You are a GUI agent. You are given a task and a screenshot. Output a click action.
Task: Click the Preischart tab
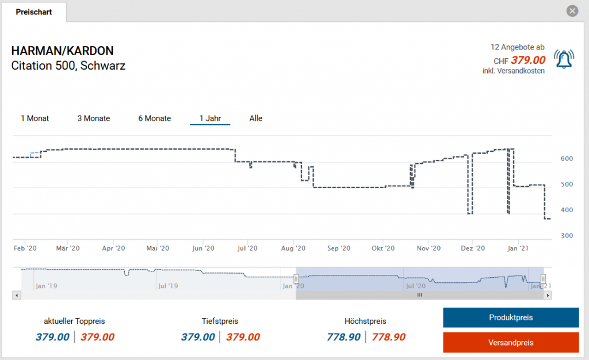pos(34,12)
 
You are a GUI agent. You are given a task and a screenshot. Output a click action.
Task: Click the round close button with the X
pos(572,11)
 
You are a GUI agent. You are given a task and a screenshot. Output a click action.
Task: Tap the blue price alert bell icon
pos(564,59)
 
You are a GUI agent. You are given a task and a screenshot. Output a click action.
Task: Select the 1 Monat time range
pos(35,118)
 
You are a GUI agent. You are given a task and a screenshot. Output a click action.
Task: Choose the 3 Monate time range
pos(94,118)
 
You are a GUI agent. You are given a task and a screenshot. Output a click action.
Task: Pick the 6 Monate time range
pos(155,118)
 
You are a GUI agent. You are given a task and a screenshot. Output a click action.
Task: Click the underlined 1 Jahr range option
pos(210,118)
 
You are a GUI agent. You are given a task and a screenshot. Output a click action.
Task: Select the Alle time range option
pos(256,118)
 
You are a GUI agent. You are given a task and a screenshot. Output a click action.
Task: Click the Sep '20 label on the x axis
pos(338,248)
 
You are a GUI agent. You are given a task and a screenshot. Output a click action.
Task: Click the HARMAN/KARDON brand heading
pos(62,51)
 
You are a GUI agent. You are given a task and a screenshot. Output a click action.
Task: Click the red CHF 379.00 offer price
pos(528,60)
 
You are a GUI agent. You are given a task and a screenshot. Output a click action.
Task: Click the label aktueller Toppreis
pos(74,321)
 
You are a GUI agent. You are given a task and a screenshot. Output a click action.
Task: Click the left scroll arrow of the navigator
pos(17,295)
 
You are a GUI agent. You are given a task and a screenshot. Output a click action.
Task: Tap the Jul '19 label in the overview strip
pos(167,285)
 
